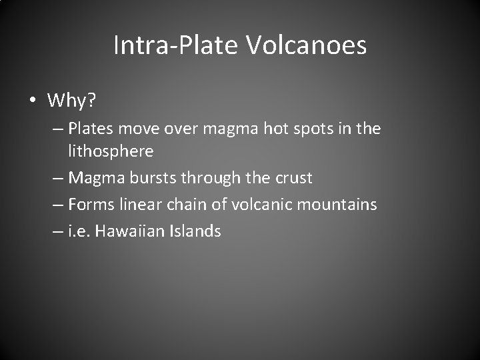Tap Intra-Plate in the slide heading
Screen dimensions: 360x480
[x=173, y=46]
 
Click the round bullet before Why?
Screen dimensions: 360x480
[x=33, y=101]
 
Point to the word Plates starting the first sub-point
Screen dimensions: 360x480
[x=91, y=129]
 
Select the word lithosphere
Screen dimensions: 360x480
[x=111, y=151]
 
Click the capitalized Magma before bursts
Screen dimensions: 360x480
[x=94, y=179]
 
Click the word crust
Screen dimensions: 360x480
[x=293, y=179]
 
